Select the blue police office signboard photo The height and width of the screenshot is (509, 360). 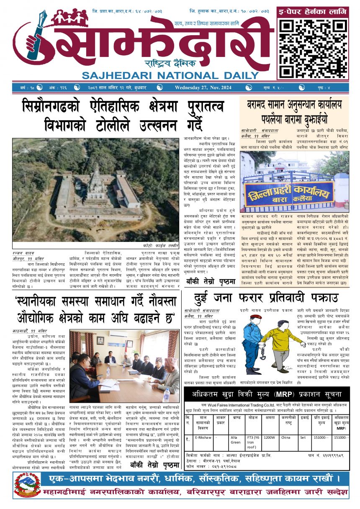pos(294,183)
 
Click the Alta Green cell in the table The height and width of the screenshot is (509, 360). pos(236,439)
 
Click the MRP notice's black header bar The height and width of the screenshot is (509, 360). pos(267,394)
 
